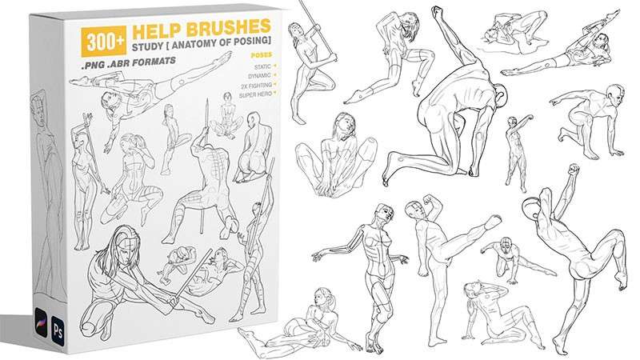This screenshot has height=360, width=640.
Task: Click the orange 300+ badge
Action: click(103, 42)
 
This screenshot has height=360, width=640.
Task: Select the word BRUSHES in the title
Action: click(229, 28)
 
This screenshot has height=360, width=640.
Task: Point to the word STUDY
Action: click(148, 46)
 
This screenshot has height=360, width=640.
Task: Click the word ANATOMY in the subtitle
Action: click(193, 44)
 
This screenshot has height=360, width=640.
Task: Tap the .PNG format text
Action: click(93, 66)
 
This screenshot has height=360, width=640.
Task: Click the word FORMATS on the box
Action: click(155, 62)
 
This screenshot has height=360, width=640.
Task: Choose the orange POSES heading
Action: click(262, 55)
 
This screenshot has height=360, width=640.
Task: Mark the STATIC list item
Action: click(262, 66)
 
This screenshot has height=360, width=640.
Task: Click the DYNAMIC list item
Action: click(259, 76)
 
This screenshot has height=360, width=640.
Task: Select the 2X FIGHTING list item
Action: click(257, 86)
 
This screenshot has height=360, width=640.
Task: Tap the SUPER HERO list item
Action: click(256, 94)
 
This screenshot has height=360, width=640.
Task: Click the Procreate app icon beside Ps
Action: click(42, 322)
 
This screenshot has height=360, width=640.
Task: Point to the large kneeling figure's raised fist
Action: click(438, 13)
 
